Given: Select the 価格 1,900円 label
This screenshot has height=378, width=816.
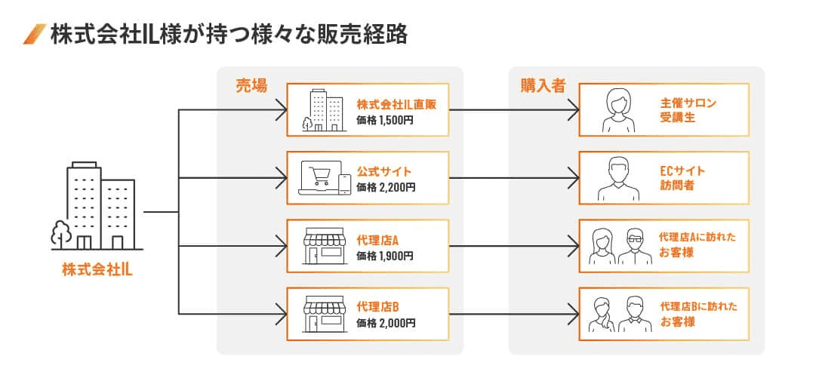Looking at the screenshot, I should pyautogui.click(x=385, y=256).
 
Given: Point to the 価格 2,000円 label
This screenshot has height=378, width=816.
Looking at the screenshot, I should pyautogui.click(x=385, y=323).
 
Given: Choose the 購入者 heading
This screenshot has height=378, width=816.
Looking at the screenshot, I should pyautogui.click(x=542, y=85).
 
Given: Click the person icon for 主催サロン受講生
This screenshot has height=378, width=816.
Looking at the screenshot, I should pyautogui.click(x=617, y=110).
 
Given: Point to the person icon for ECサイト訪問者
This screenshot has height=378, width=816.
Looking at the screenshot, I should pyautogui.click(x=617, y=178).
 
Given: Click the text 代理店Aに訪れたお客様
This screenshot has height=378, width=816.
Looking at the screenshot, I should pyautogui.click(x=697, y=246).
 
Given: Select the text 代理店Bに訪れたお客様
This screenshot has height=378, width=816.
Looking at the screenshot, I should pyautogui.click(x=697, y=314).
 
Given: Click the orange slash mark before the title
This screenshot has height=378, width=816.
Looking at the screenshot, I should pyautogui.click(x=35, y=35).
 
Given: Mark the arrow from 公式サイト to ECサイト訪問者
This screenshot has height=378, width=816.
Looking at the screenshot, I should pyautogui.click(x=513, y=179).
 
